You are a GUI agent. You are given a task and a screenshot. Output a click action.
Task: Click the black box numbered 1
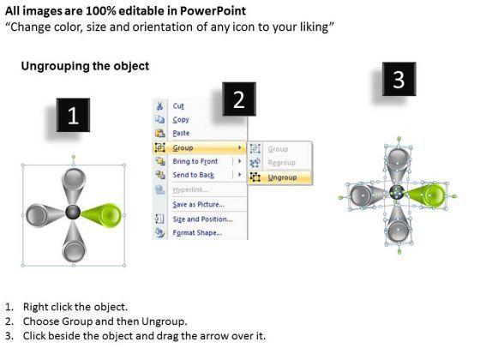tap(73, 115)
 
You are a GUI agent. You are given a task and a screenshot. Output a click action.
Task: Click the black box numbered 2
tap(239, 99)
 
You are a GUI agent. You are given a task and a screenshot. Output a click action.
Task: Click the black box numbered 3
tap(399, 79)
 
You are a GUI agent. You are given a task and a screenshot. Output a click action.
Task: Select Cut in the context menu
tap(178, 106)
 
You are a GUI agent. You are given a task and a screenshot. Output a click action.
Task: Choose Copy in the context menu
tap(181, 119)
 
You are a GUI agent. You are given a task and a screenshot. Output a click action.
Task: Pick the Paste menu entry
tap(181, 133)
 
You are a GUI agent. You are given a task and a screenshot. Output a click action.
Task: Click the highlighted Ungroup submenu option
tap(282, 177)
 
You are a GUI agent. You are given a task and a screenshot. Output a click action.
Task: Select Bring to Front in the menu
tap(195, 161)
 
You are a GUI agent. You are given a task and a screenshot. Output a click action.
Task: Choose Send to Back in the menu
tap(193, 175)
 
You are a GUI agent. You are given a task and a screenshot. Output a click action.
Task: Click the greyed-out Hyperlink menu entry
tap(190, 189)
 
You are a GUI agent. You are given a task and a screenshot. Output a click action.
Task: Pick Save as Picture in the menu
tap(198, 205)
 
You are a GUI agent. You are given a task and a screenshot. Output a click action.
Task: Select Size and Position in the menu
tap(202, 219)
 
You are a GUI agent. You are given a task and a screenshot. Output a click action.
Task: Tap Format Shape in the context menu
tap(197, 233)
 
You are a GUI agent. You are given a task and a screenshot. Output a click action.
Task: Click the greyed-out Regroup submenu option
tap(282, 163)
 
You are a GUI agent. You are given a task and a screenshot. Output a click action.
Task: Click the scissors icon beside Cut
tap(159, 106)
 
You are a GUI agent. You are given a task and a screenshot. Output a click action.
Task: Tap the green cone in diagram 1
tap(101, 214)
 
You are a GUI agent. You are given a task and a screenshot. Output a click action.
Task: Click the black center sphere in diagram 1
tap(73, 213)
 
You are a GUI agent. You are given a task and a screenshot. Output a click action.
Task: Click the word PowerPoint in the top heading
tap(213, 11)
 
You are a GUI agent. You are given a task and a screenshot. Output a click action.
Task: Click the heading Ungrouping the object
tap(85, 66)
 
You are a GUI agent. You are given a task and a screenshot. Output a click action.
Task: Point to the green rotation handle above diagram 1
tap(74, 158)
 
